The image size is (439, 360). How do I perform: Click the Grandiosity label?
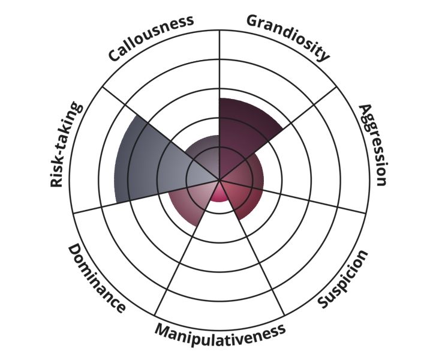click(288, 36)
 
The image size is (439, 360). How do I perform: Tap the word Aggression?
click(373, 145)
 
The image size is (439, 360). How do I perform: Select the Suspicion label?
click(342, 279)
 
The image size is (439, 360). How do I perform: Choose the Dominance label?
click(97, 278)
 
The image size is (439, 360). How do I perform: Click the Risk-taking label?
click(67, 144)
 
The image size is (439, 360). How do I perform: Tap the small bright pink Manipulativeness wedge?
click(220, 193)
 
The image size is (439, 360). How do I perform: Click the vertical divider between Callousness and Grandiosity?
click(220, 105)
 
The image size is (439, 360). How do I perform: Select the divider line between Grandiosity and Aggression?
click(278, 133)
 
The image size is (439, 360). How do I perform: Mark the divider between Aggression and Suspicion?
click(293, 197)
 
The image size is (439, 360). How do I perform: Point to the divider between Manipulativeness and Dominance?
click(187, 248)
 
